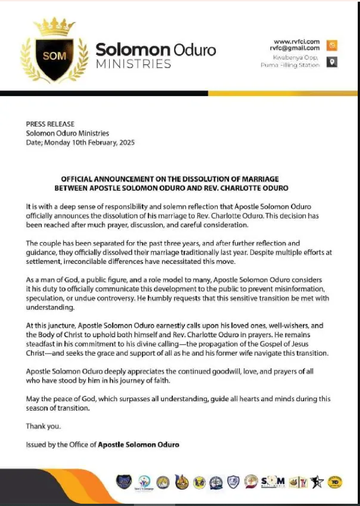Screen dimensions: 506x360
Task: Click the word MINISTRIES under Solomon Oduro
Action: pyautogui.click(x=133, y=63)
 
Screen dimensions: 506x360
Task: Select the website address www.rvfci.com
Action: pyautogui.click(x=297, y=42)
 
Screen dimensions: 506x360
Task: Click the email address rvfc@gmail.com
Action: pyautogui.click(x=294, y=49)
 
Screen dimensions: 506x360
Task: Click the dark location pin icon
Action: pyautogui.click(x=332, y=62)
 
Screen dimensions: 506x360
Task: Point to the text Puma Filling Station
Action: pyautogui.click(x=290, y=65)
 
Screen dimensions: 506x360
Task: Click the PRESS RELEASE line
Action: pyautogui.click(x=50, y=124)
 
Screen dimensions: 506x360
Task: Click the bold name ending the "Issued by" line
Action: pyautogui.click(x=138, y=444)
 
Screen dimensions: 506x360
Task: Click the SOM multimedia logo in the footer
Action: pyautogui.click(x=273, y=481)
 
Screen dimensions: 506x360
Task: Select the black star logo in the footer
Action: pyautogui.click(x=318, y=482)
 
